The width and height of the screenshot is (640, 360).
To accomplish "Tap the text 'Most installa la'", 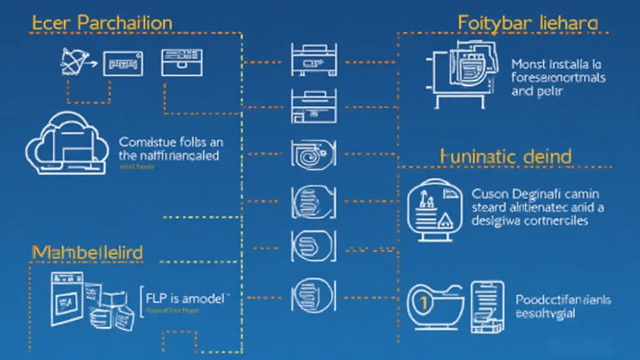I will (x=556, y=64).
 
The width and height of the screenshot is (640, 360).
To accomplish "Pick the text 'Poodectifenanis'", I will (x=562, y=300).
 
